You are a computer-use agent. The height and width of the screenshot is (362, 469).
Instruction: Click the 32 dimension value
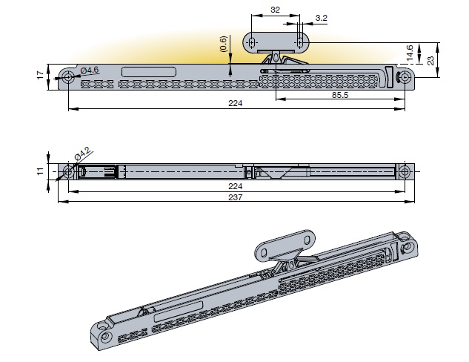[x=276, y=10]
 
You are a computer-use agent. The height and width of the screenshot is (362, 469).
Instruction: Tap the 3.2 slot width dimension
[x=322, y=17]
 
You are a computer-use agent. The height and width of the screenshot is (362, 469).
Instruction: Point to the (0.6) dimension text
[x=224, y=44]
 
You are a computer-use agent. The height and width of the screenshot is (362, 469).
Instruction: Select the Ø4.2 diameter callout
[x=82, y=154]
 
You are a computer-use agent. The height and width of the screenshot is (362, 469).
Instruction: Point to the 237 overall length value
[x=236, y=197]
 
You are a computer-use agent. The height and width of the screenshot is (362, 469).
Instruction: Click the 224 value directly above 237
[x=236, y=186]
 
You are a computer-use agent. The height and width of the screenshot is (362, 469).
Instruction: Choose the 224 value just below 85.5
[x=236, y=105]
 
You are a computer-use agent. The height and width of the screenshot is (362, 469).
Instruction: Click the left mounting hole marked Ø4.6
[x=68, y=77]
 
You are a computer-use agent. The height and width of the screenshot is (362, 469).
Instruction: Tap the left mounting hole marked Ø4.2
[x=67, y=172]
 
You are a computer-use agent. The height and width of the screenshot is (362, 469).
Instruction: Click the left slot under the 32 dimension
[x=252, y=42]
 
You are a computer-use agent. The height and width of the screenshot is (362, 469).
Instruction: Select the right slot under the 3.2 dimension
[x=299, y=42]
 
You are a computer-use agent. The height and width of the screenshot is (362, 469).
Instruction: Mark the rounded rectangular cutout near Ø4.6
[x=148, y=71]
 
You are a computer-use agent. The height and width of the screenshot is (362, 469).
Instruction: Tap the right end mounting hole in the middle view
[x=405, y=172]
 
